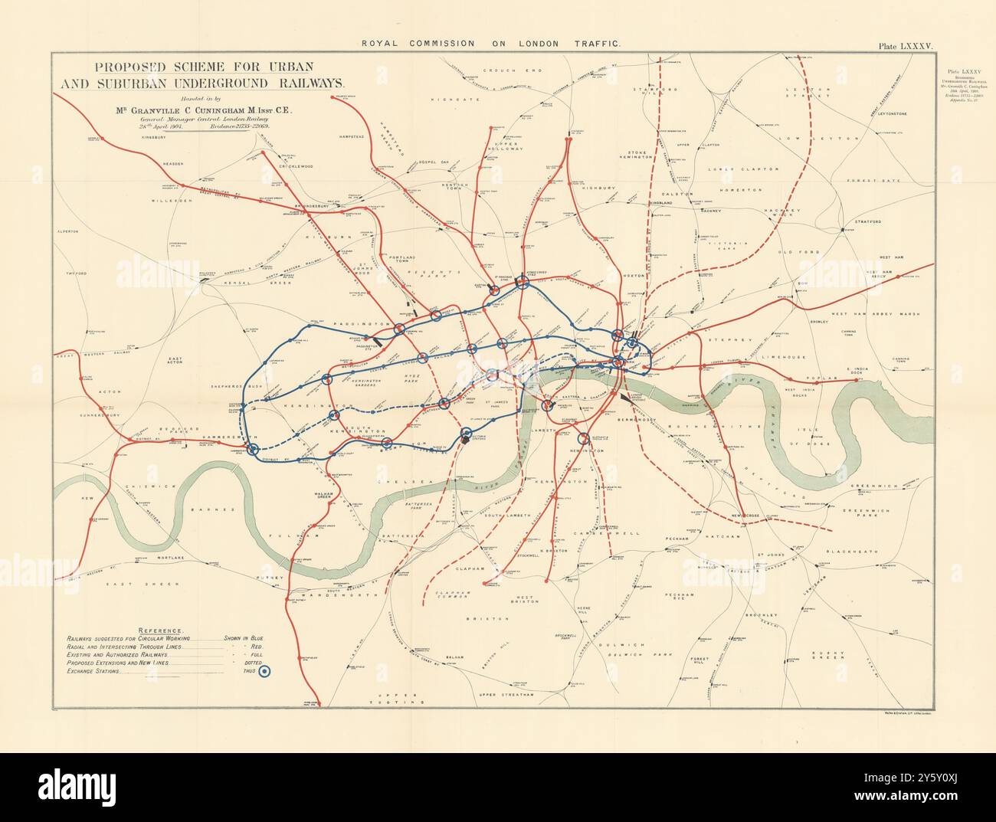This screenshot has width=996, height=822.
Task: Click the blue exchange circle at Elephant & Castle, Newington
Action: coord(583,439)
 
